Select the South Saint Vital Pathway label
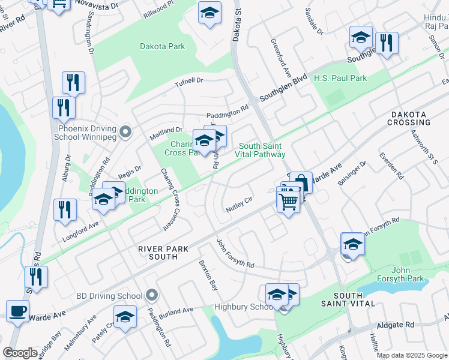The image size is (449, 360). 262,150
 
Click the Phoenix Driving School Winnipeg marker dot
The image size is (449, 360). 125,132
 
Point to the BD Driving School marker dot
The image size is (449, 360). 151,295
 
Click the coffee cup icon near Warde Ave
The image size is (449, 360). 17,311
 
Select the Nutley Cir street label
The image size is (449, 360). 240,205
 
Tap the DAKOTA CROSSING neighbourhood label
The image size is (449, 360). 411,118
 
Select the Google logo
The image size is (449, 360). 20,353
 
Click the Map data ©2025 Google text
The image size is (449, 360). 412,355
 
